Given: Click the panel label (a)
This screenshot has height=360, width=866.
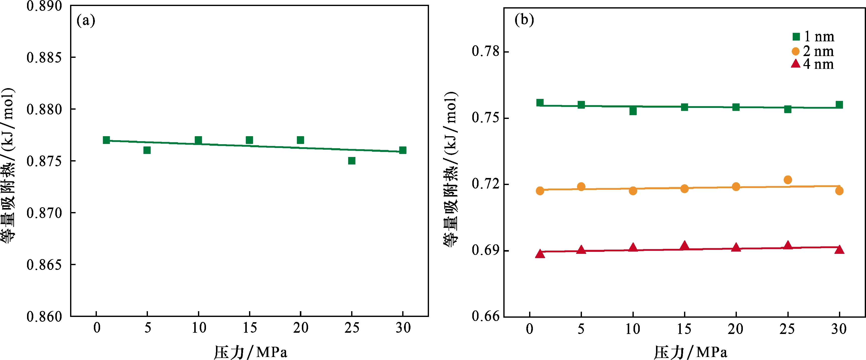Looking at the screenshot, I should tap(86, 21).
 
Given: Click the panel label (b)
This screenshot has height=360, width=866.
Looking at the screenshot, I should tap(524, 20).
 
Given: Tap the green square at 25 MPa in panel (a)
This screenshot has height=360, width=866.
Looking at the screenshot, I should tap(352, 161).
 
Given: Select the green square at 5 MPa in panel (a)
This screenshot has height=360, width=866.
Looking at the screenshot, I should tap(147, 150).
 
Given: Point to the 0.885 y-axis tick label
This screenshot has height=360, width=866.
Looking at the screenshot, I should tap(44, 58).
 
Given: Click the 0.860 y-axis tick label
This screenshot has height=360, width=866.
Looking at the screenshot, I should tap(44, 316).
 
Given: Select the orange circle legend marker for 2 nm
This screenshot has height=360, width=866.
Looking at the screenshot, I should tap(795, 51).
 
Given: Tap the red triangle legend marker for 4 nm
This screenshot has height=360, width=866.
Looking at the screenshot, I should tap(795, 64).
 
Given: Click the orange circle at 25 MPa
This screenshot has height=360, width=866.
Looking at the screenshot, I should tap(788, 180).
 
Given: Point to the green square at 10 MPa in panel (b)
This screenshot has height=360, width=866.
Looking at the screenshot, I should tap(633, 111).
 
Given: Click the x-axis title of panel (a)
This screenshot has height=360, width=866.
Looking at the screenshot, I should tap(251, 352).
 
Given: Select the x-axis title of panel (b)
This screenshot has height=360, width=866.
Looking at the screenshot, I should tap(691, 352).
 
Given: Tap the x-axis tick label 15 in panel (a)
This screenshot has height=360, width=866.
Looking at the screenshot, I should tap(250, 328).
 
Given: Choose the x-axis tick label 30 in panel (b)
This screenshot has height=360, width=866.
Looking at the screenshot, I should tap(839, 329).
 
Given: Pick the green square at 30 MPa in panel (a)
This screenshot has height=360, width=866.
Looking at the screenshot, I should tap(403, 150).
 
